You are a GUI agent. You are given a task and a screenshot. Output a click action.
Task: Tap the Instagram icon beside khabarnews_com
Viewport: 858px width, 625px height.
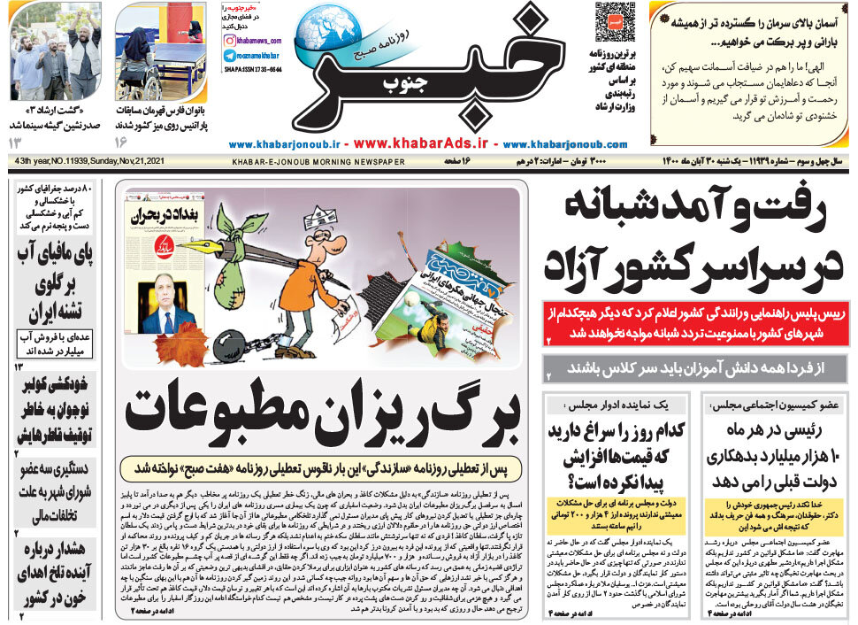(229, 40)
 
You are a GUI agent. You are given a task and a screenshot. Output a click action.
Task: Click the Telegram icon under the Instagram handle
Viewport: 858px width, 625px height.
(229, 55)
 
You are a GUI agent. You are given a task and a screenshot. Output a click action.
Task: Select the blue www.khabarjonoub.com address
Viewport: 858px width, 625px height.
(565, 143)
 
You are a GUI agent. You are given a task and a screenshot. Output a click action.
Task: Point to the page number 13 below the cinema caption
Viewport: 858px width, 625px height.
(16, 143)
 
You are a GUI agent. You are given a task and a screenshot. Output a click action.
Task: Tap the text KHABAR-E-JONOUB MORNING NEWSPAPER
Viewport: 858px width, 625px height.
(318, 162)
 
